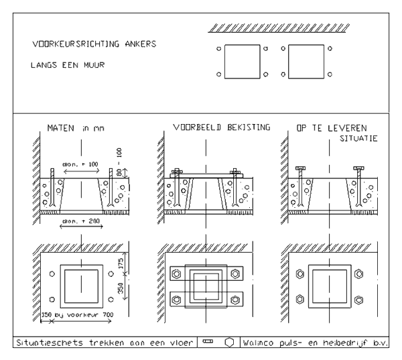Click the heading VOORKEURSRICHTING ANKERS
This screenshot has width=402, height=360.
tap(94, 45)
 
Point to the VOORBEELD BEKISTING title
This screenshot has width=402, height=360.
tap(211, 127)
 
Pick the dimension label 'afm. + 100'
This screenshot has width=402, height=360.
tap(80, 163)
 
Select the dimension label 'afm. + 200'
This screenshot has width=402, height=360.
tap(80, 221)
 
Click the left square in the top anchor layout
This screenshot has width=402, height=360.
tap(241, 62)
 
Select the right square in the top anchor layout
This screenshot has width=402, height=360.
tap(306, 62)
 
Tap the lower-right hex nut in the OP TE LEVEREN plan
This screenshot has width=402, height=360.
tap(359, 298)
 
